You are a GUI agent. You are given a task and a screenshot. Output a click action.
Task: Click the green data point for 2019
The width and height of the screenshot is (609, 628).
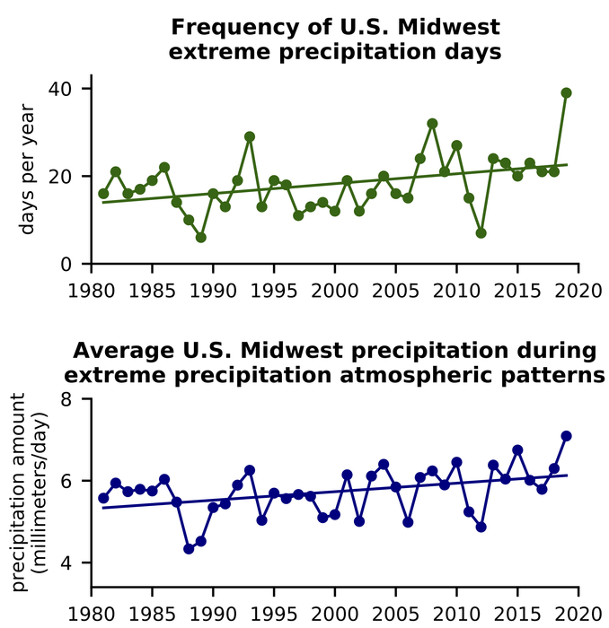566,92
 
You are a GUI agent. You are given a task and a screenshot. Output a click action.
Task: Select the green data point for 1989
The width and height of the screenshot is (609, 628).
201,238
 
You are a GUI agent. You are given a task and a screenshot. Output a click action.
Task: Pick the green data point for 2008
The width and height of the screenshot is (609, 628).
432,124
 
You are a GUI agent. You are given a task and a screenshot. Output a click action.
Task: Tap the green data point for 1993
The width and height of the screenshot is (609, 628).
250,136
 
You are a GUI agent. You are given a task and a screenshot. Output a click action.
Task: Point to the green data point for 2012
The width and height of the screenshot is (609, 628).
481,233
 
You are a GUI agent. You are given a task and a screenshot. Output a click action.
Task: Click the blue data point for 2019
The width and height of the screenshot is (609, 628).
566,436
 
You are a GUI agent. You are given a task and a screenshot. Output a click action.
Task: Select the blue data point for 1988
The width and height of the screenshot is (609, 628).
189,549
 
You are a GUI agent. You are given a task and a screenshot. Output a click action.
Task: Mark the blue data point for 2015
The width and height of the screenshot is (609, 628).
517,449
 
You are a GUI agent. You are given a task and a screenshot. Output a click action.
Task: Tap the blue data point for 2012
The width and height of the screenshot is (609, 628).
481,527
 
